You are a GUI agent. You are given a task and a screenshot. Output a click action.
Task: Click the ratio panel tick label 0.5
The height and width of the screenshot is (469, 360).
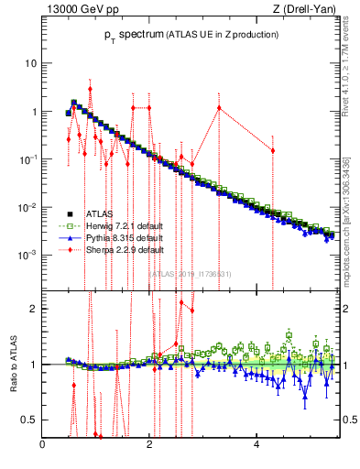30,420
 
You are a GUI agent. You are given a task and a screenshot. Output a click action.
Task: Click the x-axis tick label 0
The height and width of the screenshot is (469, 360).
43,446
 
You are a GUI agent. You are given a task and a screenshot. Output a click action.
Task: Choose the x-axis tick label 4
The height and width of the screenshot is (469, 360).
256,446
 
